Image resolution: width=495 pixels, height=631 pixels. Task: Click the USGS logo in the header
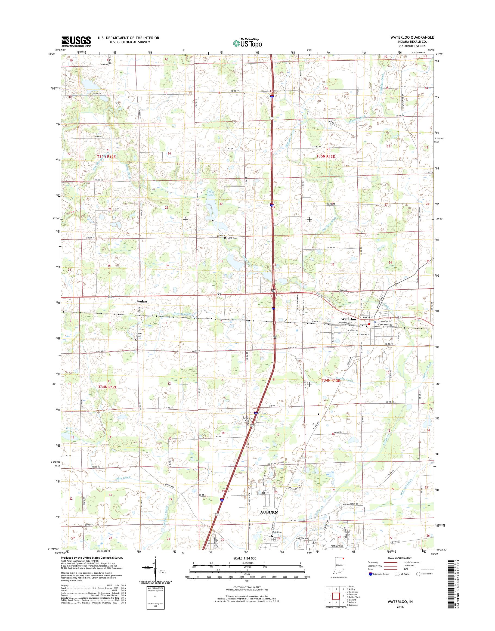pyautogui.click(x=76, y=42)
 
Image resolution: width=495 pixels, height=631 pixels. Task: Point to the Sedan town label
pyautogui.click(x=142, y=301)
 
